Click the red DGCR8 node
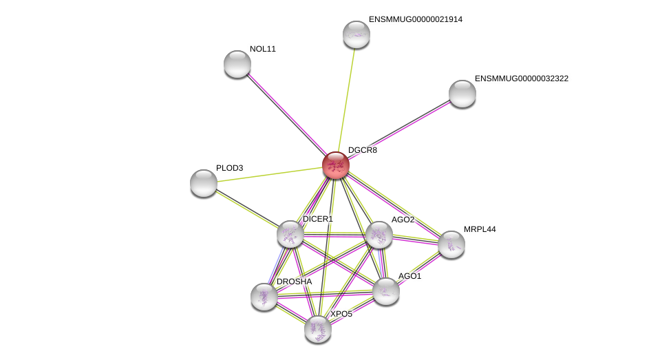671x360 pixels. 336,165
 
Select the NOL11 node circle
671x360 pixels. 237,64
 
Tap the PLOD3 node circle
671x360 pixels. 204,182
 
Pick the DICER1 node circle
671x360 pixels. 290,234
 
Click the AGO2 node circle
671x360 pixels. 379,235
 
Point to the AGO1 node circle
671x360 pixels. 386,291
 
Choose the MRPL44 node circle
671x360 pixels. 451,244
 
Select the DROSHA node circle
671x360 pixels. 264,297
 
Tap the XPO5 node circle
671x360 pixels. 318,329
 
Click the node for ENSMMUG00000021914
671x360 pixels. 356,34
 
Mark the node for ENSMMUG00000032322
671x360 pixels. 462,94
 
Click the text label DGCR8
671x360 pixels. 363,150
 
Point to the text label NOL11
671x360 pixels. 263,49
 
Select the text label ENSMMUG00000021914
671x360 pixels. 416,19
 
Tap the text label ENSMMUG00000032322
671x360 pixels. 522,78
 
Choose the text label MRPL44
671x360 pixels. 480,229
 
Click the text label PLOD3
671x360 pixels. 230,168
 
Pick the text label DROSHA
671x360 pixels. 294,282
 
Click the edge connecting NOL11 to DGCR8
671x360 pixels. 286,114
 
